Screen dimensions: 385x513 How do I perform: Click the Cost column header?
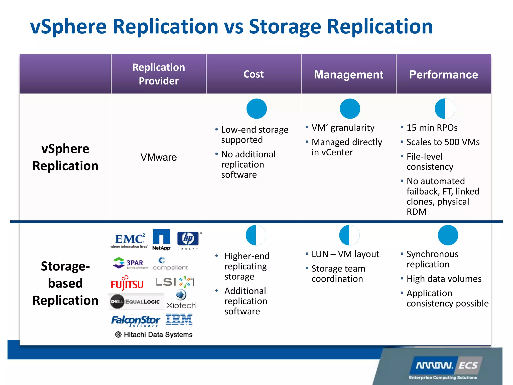coord(253,74)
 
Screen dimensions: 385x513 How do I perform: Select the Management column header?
coord(349,75)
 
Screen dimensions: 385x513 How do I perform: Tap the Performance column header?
coord(443,75)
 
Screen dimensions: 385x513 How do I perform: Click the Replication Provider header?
coord(159,74)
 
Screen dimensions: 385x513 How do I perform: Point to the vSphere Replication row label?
coord(65,157)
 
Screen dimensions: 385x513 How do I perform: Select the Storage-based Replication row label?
coord(65,283)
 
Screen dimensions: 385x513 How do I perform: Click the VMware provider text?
coord(159,157)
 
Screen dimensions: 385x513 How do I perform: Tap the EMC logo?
coord(129,240)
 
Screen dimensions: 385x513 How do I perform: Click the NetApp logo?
coord(161,239)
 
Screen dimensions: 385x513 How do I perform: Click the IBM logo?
coord(179,319)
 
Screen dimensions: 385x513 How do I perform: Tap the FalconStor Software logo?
coord(136,321)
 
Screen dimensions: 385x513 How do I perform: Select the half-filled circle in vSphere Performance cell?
coord(445,109)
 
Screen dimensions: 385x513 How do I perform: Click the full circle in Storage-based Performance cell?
coord(448,235)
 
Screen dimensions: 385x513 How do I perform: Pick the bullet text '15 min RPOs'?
coord(432,128)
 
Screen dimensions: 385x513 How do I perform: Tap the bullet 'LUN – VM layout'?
coord(345,254)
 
